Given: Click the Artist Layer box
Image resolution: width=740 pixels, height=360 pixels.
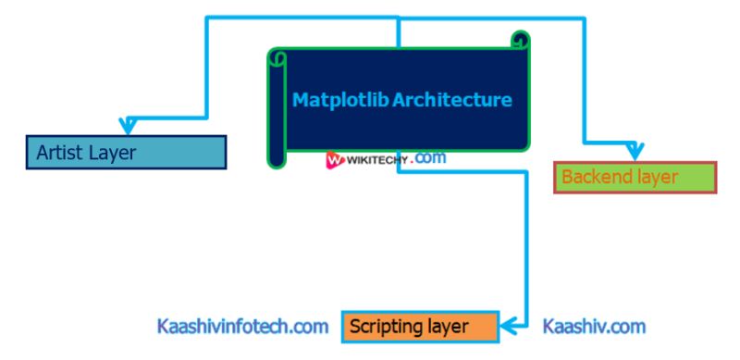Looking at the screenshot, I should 126,153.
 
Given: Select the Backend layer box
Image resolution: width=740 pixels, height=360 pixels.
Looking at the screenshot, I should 635,177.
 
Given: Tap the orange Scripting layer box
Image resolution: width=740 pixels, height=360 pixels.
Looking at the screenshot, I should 420,327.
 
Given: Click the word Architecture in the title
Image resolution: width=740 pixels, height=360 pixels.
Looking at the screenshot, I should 452,100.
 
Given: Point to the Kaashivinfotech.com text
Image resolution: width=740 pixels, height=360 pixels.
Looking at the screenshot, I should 242,327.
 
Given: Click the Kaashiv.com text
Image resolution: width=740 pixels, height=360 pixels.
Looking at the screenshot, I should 594,327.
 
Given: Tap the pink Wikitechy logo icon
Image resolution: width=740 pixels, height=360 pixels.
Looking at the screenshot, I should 335,160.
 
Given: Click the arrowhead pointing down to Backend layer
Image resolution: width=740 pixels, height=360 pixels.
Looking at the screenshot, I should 634,151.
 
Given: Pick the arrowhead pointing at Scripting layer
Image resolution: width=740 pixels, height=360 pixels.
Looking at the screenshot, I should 510,326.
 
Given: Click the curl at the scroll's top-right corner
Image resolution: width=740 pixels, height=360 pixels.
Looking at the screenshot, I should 521,40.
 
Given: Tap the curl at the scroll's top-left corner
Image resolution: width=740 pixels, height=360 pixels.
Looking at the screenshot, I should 277,57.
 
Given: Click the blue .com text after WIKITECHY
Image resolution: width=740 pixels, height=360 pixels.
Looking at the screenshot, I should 430,158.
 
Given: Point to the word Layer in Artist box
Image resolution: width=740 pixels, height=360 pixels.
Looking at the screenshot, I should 112,153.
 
